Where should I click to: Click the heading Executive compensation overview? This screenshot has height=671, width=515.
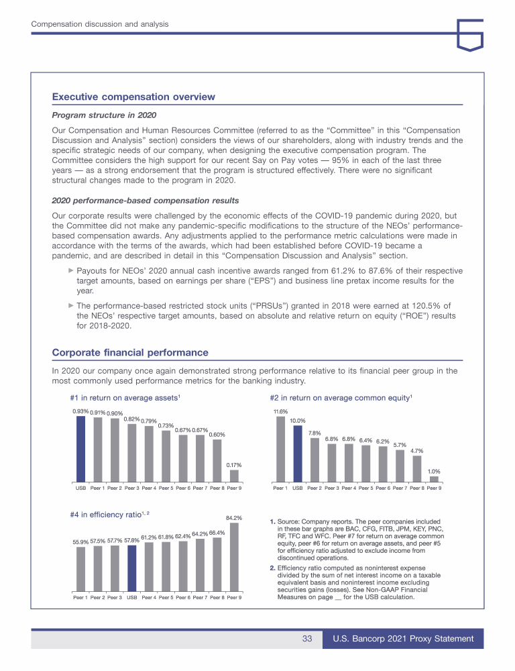coord(133,97)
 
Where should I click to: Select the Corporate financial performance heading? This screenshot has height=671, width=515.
coord(130,352)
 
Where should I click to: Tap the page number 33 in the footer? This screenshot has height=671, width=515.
coord(307,639)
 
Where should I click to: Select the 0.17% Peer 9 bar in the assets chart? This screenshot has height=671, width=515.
coord(234,475)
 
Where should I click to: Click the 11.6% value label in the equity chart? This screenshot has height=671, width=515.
coord(280,411)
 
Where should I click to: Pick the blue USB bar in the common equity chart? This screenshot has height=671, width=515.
coord(298,453)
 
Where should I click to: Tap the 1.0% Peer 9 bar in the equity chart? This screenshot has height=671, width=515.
coord(434,478)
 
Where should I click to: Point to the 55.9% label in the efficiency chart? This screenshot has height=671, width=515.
coord(80,541)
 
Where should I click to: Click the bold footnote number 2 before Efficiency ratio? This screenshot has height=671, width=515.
coord(272,568)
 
